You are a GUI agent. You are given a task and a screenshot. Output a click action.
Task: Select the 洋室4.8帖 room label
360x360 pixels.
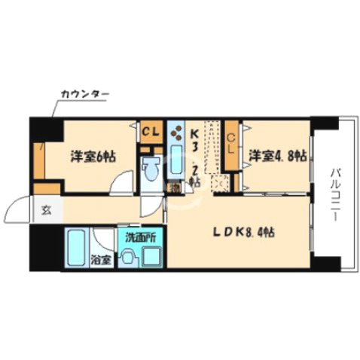point(278,156)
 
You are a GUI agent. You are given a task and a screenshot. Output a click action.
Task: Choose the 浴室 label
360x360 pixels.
point(101,259)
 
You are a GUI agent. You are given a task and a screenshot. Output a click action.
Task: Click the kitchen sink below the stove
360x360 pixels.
point(177,161)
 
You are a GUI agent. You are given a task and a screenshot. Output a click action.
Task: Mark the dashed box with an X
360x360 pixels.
point(219,182)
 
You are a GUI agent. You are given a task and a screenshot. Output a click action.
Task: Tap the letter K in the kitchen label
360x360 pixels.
point(194,133)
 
